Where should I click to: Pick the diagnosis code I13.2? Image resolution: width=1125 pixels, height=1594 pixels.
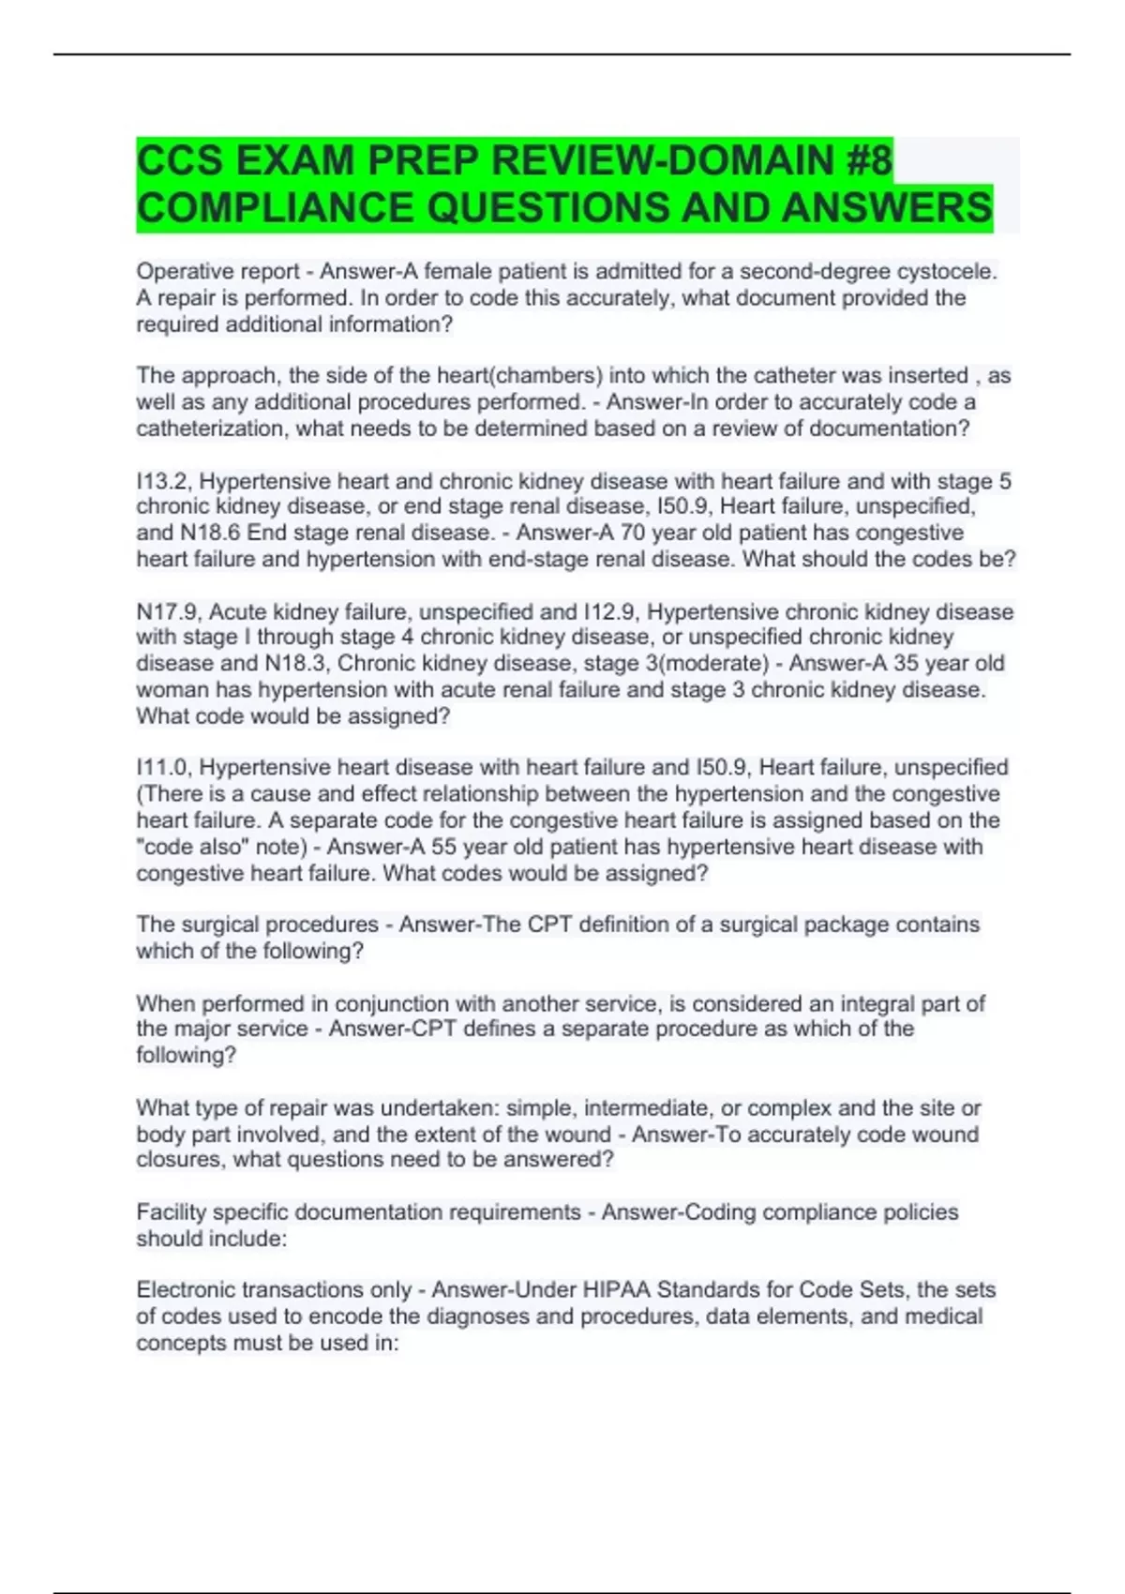163,481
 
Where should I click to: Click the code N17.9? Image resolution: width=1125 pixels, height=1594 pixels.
168,612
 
